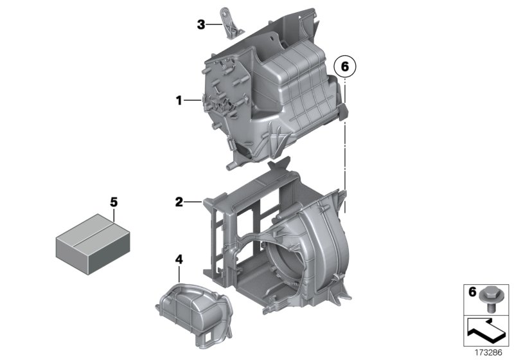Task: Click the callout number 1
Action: tap(179, 100)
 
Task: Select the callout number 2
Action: tap(179, 203)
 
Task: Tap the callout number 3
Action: tap(200, 24)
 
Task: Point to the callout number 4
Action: tap(179, 259)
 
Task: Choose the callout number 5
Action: tap(114, 202)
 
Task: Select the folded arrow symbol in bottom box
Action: tap(486, 332)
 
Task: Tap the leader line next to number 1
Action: tap(193, 100)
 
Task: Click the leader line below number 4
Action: tap(179, 274)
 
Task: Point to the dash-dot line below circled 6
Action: tap(345, 141)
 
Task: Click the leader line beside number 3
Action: tap(215, 24)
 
